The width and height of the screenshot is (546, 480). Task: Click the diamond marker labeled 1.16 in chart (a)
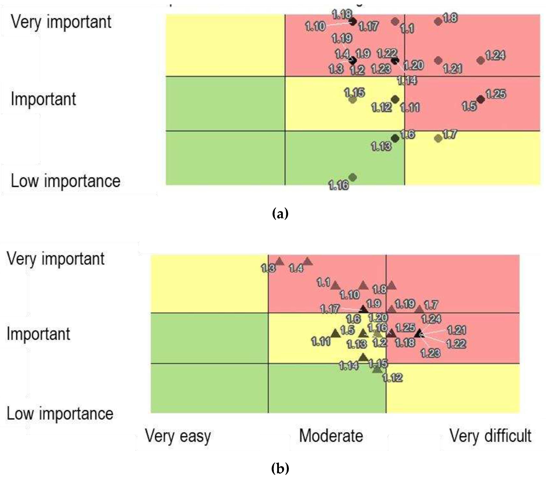tap(353, 177)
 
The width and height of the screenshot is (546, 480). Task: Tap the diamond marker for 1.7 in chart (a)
tap(438, 138)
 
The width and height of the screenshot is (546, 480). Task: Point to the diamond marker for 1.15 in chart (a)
tap(353, 100)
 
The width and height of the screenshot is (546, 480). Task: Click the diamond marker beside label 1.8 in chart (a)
tap(438, 21)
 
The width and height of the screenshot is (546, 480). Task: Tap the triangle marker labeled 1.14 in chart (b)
tap(363, 357)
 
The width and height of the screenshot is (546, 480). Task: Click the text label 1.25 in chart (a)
tap(496, 94)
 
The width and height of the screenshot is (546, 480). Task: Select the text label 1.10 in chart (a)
tap(315, 26)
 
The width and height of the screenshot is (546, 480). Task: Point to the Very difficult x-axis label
tap(490, 436)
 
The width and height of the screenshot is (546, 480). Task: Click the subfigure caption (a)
tap(280, 214)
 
